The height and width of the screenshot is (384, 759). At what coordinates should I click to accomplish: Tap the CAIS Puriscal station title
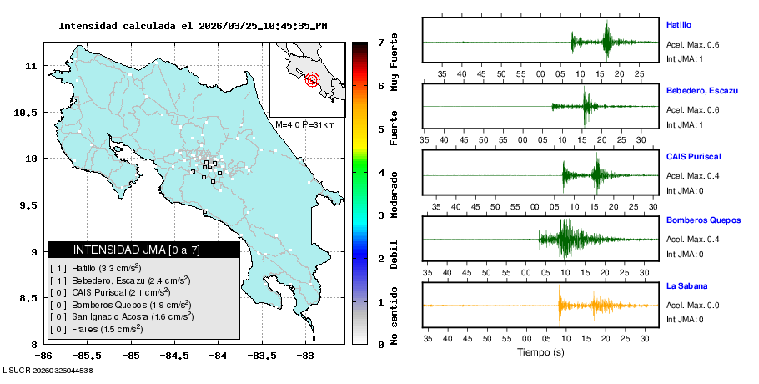[x=693, y=156]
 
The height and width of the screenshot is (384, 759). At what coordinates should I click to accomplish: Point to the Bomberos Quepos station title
[x=703, y=220]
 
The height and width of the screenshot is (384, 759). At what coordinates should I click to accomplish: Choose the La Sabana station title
[x=686, y=286]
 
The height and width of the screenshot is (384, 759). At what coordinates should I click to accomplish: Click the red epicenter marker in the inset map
[x=313, y=80]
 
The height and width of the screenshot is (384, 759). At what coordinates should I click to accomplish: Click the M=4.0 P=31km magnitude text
[x=304, y=124]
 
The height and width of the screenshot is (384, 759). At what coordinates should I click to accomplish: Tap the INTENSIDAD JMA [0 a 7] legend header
[x=143, y=250]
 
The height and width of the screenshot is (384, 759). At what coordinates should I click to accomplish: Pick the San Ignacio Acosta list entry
[x=122, y=316]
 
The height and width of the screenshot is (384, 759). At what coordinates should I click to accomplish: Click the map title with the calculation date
[x=193, y=26]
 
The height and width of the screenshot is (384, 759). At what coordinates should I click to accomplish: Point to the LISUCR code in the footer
[x=48, y=369]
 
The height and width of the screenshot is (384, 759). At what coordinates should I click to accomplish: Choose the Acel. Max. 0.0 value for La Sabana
[x=692, y=305]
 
